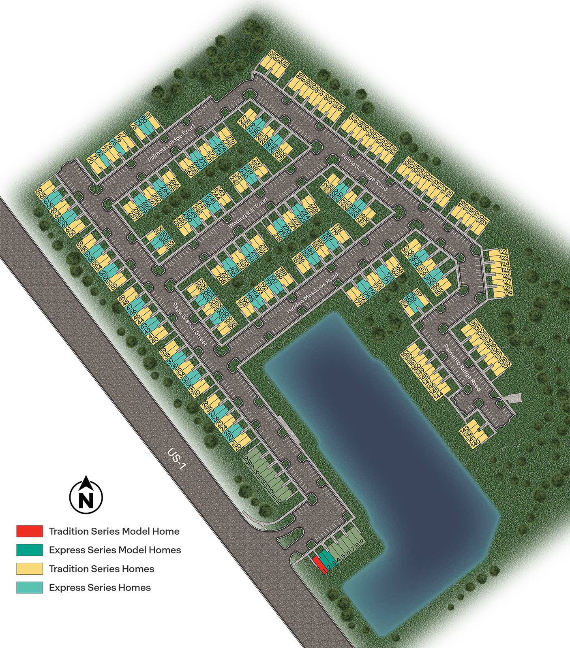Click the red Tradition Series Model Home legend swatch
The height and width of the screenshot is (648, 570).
[30, 531]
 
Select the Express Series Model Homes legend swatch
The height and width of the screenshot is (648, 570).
[30, 550]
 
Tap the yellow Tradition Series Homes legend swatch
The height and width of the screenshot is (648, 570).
[30, 569]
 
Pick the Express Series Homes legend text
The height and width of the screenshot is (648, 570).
[100, 588]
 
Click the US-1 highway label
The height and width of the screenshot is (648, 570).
[178, 459]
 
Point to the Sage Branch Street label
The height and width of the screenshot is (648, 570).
[190, 324]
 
